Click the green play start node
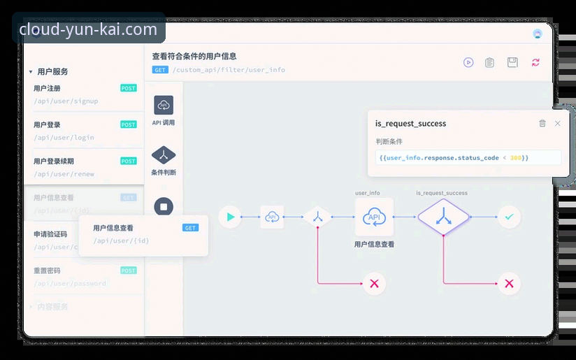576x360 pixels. click(x=229, y=217)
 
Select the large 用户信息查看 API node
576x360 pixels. click(x=374, y=217)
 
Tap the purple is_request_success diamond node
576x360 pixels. click(x=442, y=217)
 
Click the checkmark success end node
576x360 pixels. click(x=509, y=217)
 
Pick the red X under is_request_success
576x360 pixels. click(x=509, y=283)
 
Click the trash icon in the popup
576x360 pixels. click(x=542, y=124)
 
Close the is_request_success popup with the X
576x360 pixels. click(x=557, y=124)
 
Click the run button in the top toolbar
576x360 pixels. click(x=468, y=62)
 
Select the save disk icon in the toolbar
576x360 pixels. click(x=512, y=62)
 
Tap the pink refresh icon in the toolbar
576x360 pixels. click(x=535, y=62)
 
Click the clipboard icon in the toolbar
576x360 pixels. click(x=490, y=62)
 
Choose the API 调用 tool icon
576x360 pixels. click(x=164, y=106)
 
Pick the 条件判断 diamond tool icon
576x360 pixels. click(x=164, y=154)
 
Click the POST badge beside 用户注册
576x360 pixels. click(x=129, y=89)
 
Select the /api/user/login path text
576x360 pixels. click(x=64, y=138)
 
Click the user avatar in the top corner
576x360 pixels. click(x=538, y=34)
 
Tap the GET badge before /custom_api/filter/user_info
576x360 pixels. click(x=160, y=70)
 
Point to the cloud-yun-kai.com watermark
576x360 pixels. click(x=88, y=29)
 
